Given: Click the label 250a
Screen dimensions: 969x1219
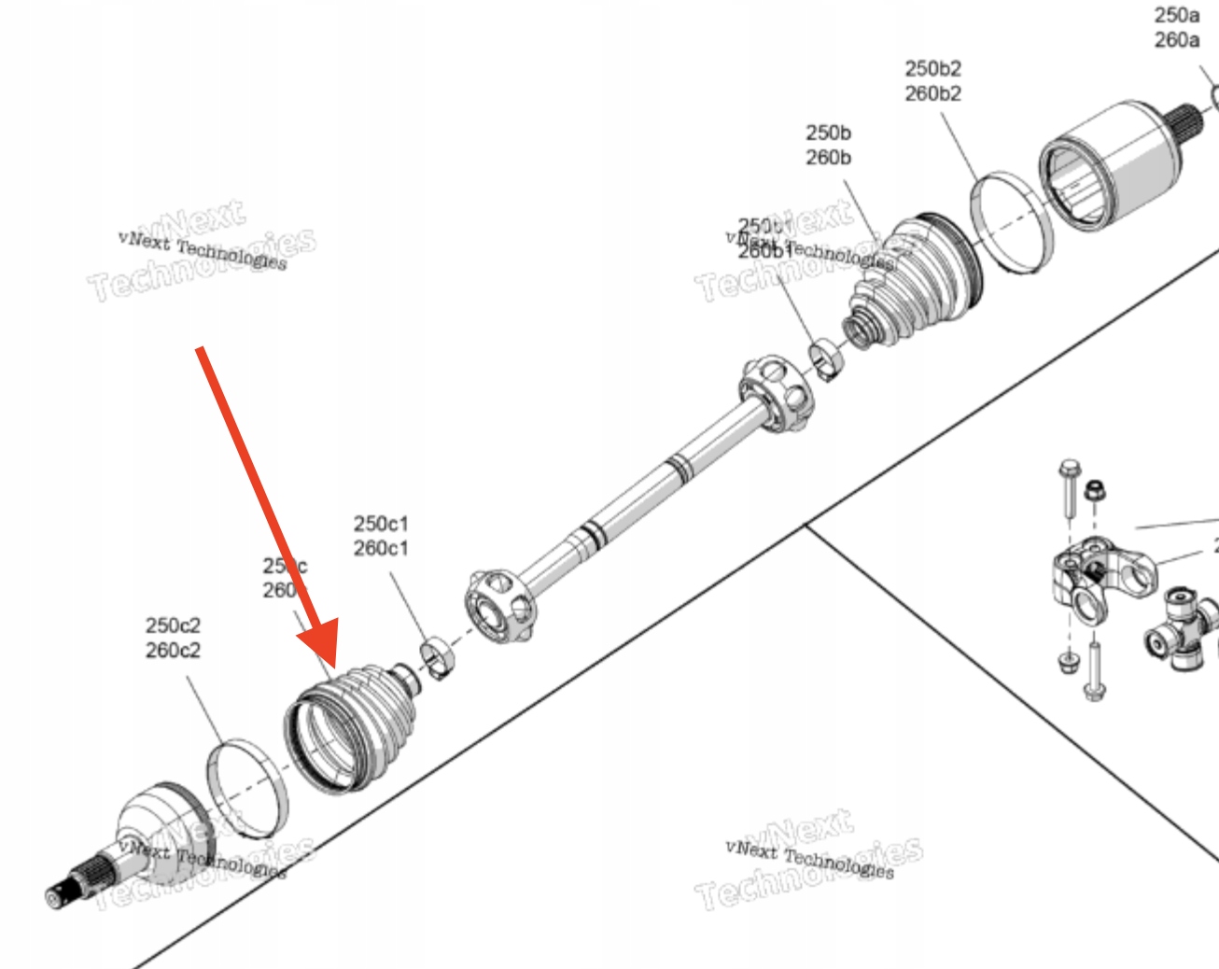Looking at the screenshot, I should point(1176,15).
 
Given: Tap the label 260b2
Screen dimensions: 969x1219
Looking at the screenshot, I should point(932,93).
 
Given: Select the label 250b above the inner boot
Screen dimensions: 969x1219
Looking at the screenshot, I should point(828,133).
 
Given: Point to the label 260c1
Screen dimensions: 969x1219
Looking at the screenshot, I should point(380,548).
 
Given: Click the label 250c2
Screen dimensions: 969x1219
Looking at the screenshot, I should point(172,625).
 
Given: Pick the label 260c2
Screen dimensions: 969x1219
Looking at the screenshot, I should point(172,650).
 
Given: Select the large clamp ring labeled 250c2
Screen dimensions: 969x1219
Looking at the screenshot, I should point(245,787).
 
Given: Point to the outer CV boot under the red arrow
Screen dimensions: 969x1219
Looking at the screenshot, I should point(350,728).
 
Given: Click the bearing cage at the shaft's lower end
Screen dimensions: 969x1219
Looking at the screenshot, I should point(500,606).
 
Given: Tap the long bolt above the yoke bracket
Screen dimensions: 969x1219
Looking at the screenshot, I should point(1068,489).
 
